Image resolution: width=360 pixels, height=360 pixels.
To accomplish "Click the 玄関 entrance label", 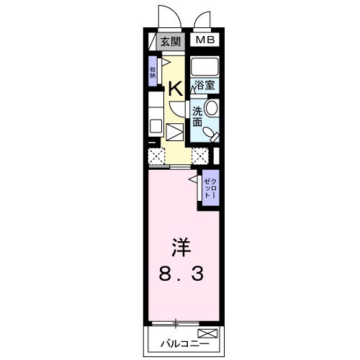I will [x=170, y=41].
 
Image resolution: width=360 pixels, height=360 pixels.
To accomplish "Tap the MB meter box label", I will [x=204, y=40].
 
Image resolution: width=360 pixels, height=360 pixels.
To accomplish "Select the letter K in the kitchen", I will [x=174, y=90].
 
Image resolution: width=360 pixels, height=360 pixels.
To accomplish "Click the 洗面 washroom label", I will [x=197, y=117].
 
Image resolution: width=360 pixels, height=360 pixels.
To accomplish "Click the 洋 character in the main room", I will [x=181, y=247].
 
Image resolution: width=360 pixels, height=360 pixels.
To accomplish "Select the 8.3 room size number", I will [x=181, y=274].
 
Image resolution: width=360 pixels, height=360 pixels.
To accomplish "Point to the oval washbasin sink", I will [x=212, y=109].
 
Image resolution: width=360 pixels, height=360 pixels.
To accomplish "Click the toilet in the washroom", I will [x=210, y=134].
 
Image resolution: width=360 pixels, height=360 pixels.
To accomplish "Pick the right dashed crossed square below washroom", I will [x=200, y=154].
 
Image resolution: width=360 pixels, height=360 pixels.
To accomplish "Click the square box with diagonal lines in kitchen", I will [x=175, y=133].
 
